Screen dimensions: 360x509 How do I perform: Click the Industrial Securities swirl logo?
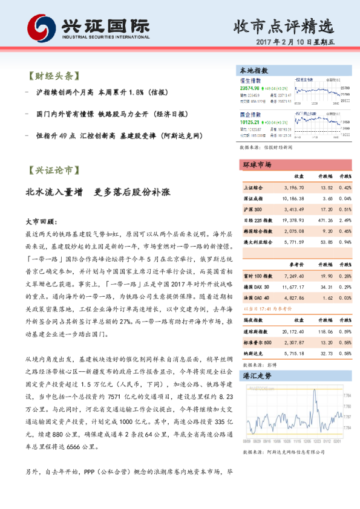click(x=40, y=27)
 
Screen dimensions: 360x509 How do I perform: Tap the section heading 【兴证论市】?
click(x=54, y=171)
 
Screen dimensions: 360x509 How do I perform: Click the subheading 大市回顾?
click(x=41, y=222)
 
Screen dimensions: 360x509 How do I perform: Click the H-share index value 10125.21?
click(x=254, y=122)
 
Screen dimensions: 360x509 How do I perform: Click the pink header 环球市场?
click(x=257, y=165)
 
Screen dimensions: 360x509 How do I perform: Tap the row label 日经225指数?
click(x=258, y=220)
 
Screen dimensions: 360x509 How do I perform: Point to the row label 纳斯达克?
click(x=252, y=353)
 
